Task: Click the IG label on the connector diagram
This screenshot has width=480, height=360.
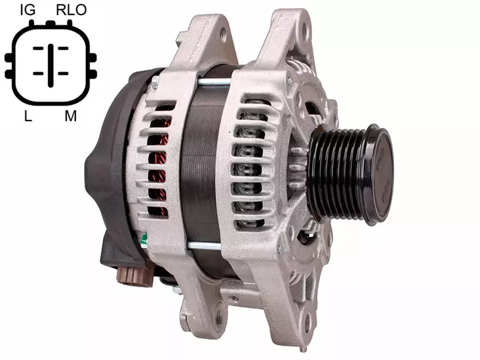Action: point(28,10)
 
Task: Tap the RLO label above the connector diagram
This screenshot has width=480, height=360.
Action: point(71,10)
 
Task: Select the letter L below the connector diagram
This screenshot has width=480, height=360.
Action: point(28,116)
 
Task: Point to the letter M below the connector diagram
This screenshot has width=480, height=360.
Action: point(70,116)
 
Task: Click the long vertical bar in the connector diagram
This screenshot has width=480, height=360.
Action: point(50,65)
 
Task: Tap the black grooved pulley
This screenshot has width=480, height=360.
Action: point(349,175)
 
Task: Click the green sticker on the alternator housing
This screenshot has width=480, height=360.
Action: point(144,241)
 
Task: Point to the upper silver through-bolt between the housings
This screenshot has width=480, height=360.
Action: point(214,82)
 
